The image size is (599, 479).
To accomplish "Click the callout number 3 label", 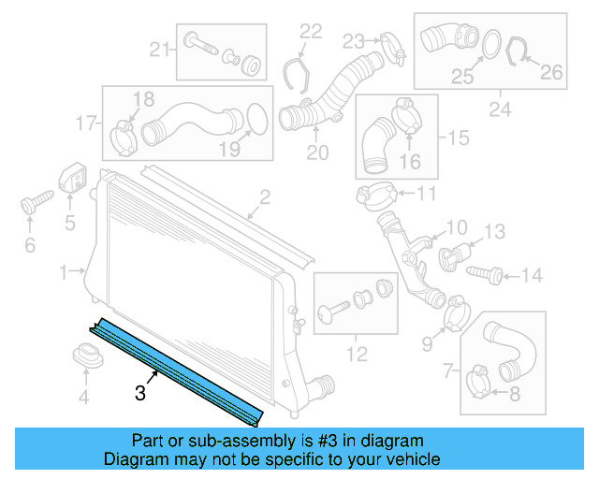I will (x=140, y=394).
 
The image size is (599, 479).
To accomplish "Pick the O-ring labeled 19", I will (x=253, y=119).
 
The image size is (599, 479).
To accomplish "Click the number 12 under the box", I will (x=357, y=354).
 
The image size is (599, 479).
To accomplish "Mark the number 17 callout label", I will (x=86, y=123).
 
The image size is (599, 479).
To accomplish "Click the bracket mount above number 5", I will (x=71, y=178).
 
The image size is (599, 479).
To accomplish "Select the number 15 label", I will (x=458, y=138).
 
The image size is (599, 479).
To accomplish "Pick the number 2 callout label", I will (x=265, y=196).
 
